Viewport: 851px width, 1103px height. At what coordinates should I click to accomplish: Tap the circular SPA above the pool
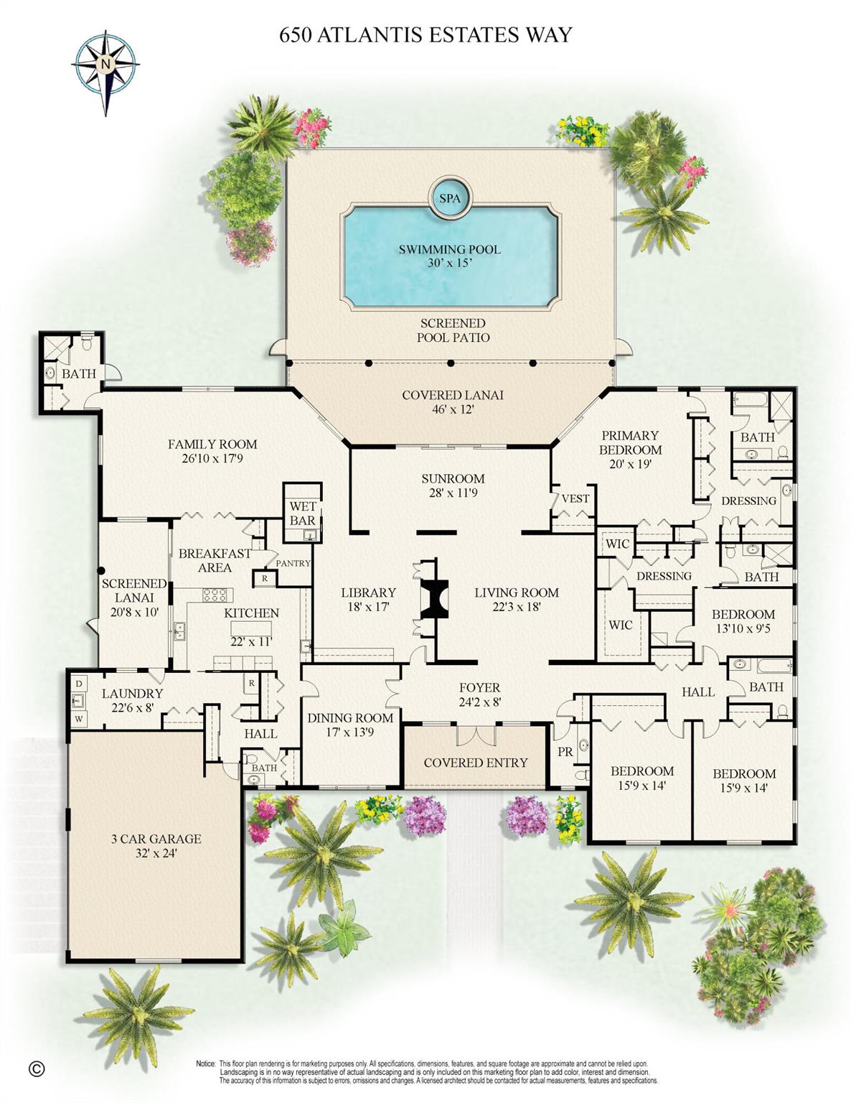(x=449, y=197)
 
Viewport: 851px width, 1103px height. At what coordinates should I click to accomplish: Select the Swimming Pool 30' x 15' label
(x=449, y=256)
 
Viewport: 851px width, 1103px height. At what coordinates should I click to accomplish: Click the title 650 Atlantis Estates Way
(x=425, y=34)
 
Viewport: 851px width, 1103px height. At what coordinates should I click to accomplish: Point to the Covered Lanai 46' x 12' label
(x=452, y=402)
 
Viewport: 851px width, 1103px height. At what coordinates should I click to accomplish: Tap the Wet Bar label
(x=302, y=513)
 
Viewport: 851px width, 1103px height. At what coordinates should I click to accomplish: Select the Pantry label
(x=293, y=564)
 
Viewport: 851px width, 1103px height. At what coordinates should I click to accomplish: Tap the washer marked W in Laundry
(x=78, y=718)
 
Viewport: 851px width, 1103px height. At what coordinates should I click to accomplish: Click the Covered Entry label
(x=475, y=763)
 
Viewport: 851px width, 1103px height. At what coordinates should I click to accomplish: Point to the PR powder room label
(x=565, y=751)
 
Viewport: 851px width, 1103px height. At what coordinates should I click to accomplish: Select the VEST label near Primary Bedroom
(x=575, y=498)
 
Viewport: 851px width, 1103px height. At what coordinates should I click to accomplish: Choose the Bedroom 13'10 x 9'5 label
(x=743, y=621)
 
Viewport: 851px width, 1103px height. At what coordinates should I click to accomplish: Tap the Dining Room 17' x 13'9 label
(x=350, y=725)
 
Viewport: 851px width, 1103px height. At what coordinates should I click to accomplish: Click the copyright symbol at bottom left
(x=37, y=1069)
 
